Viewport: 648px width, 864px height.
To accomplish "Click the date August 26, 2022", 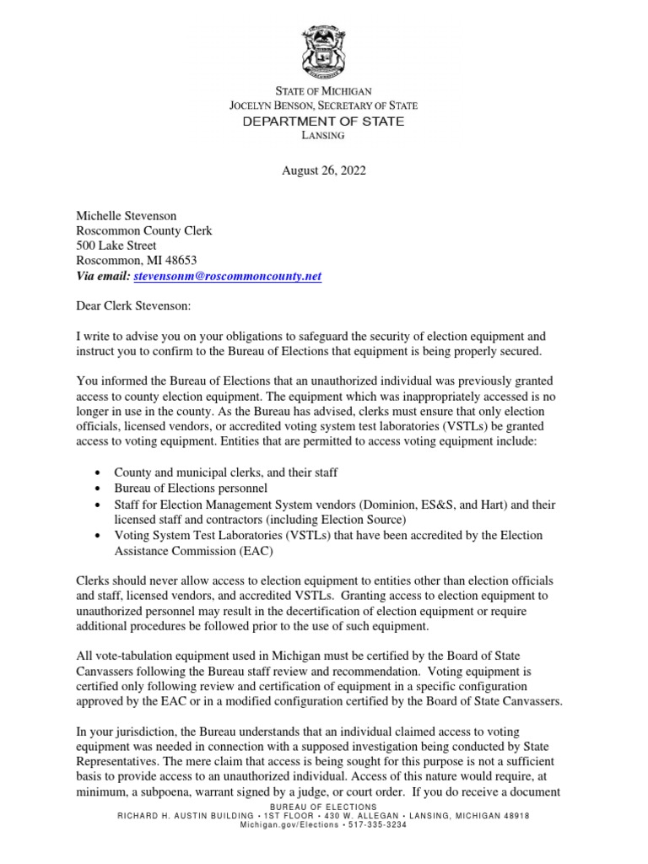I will point(324,170).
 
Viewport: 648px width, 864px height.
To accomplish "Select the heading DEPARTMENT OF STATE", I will point(324,121).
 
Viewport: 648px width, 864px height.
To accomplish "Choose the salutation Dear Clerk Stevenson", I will point(134,307).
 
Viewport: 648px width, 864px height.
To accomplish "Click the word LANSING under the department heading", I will point(324,138).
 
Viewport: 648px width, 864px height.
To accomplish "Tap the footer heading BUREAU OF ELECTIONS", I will point(324,807).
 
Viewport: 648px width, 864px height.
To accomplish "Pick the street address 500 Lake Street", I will point(116,246).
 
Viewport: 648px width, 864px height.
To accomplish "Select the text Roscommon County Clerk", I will point(144,231).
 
